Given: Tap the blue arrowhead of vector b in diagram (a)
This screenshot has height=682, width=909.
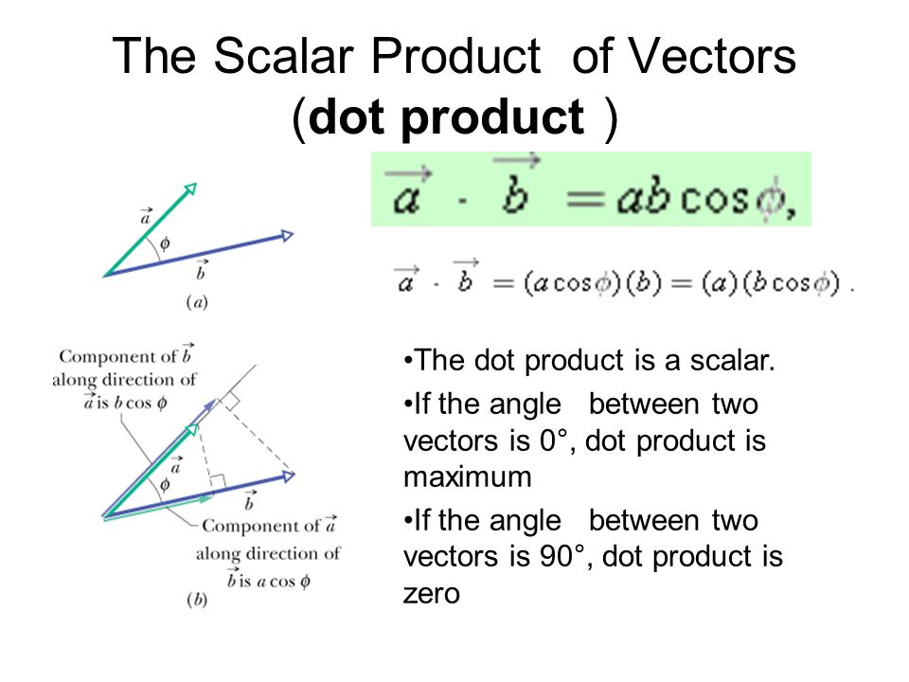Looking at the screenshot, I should tap(285, 235).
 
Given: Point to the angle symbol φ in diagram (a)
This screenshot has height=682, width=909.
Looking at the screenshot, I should tap(165, 243).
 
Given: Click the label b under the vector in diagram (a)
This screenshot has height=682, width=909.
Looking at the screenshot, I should tap(200, 273).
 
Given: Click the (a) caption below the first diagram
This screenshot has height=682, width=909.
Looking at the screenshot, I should tap(197, 303).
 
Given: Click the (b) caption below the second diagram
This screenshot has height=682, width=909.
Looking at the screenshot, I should tap(197, 601).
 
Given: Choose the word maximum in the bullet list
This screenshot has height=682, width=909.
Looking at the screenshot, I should tap(468, 477).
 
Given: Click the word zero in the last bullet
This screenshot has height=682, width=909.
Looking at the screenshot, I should tap(432, 594).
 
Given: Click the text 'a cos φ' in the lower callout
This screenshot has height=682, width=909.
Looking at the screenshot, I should tap(276, 581).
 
